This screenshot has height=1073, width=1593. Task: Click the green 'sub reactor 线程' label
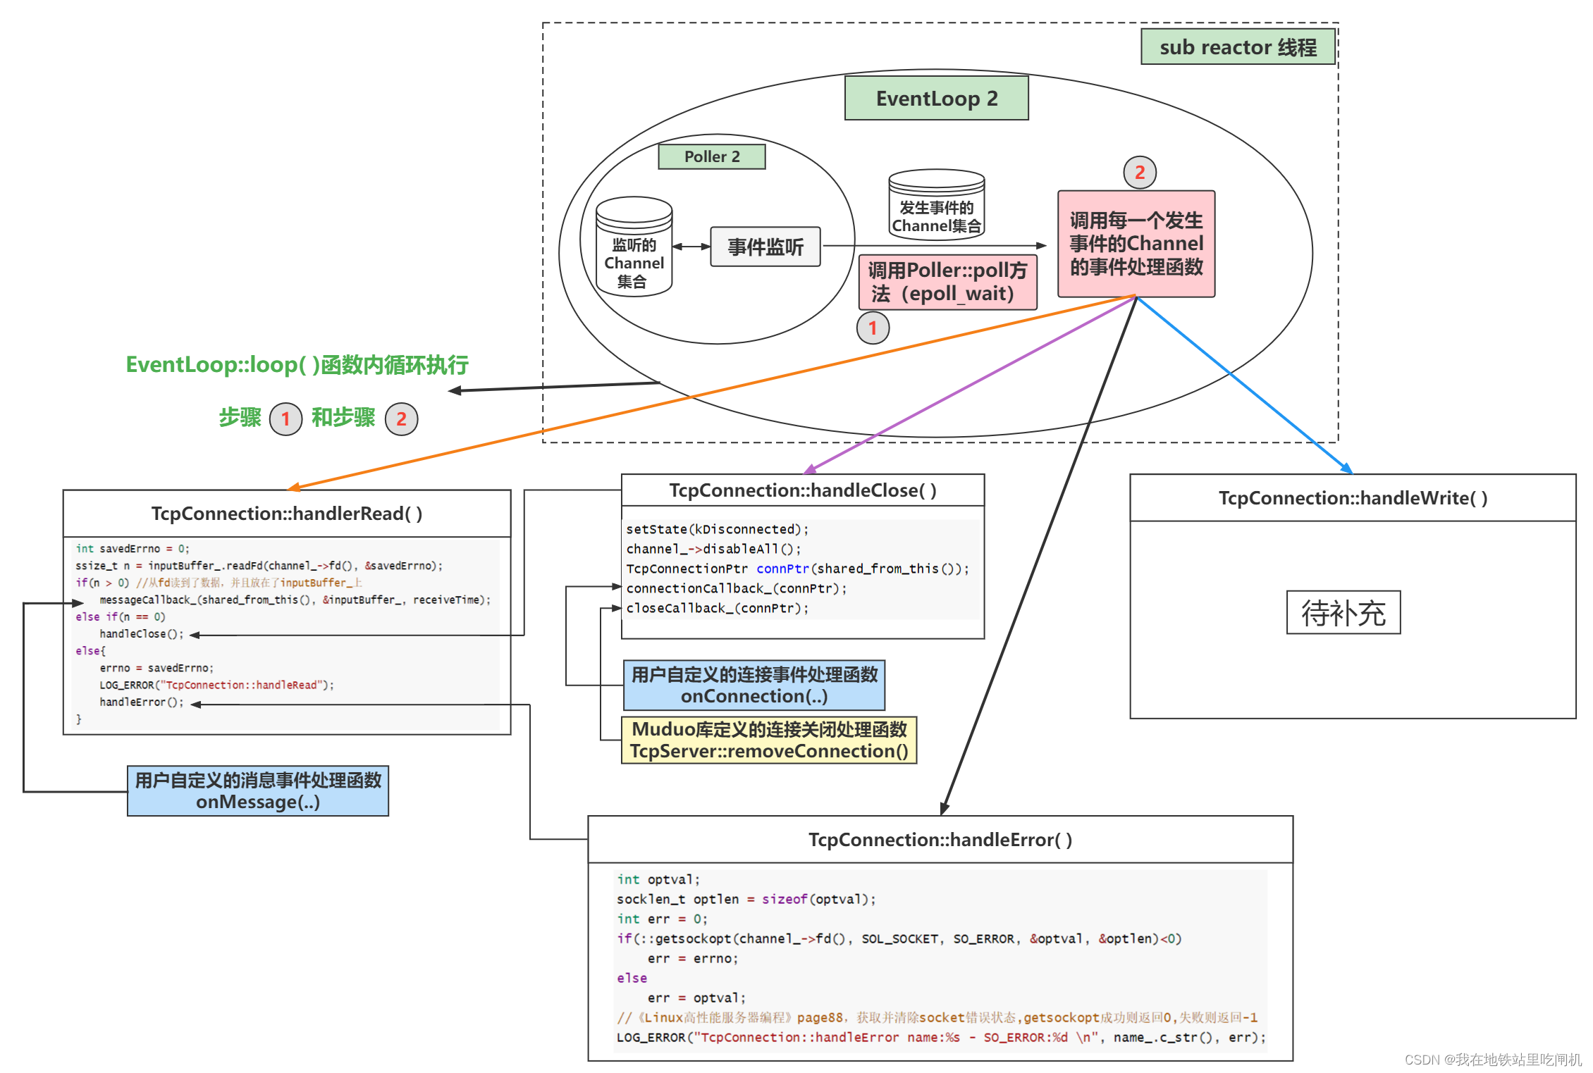1238,47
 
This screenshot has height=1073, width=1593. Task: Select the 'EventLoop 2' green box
936,99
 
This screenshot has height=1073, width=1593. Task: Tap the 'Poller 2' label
712,156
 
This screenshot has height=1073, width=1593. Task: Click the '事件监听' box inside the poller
765,247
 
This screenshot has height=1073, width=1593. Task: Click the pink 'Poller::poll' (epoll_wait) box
947,282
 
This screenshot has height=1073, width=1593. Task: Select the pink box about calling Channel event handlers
1136,244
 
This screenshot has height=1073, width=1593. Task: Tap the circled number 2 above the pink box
1139,173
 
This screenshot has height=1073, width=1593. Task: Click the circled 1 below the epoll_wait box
873,328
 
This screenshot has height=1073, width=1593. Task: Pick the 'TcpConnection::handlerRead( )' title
287,514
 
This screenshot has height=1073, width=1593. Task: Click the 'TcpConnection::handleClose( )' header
802,490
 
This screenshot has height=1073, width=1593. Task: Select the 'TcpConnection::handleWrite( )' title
1353,498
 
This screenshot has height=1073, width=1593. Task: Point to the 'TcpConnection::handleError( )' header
940,840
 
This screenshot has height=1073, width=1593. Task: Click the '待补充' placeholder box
1343,613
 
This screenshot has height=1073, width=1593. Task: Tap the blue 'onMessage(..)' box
258,791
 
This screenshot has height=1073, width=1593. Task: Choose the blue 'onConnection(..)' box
754,686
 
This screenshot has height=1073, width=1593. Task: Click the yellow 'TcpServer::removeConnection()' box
769,740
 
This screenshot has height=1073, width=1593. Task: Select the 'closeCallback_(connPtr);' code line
718,608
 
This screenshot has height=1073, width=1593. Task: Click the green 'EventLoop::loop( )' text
297,365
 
